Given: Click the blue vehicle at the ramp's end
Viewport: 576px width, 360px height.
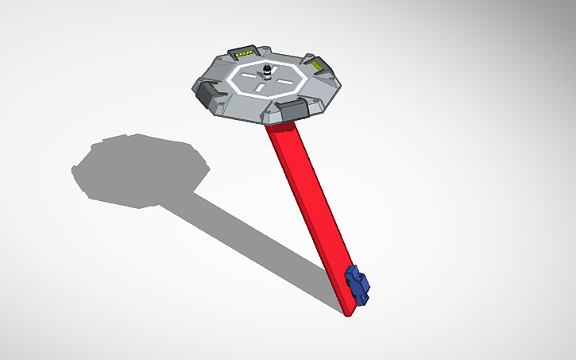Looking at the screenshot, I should coord(359,285).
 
